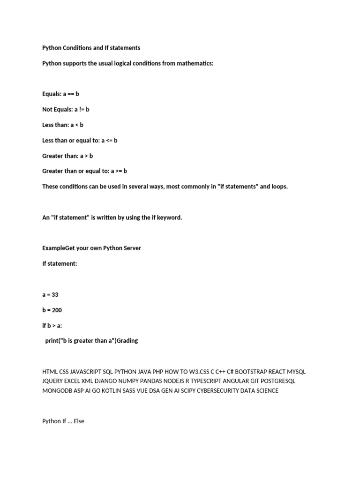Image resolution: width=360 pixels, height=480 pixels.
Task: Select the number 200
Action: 56,310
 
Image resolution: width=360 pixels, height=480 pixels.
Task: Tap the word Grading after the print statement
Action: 127,341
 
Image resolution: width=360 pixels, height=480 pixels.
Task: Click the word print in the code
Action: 53,341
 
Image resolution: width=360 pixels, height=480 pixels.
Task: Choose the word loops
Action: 280,187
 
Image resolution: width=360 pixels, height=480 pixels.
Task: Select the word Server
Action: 130,248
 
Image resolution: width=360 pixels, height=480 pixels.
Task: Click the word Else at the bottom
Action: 79,421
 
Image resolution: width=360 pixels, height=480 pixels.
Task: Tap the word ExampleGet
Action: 60,248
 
